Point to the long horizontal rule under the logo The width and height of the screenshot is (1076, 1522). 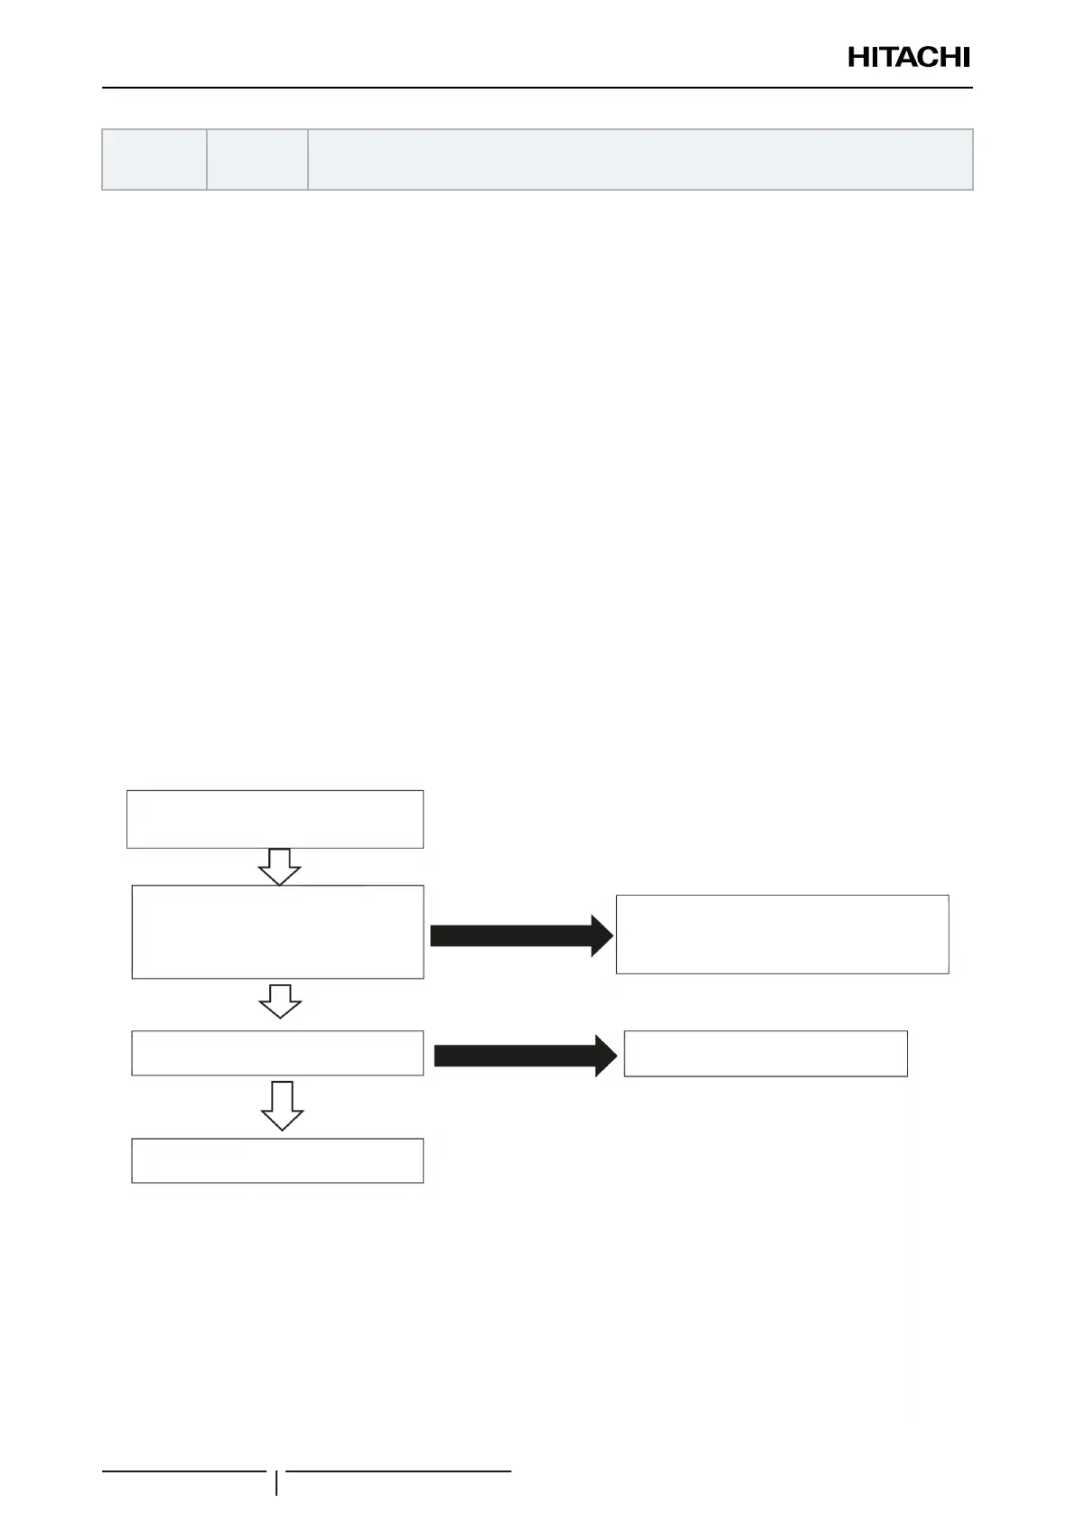(538, 88)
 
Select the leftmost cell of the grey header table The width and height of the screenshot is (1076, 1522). (154, 159)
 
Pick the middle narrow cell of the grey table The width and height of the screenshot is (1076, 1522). (257, 159)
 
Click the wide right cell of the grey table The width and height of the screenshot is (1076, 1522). (640, 159)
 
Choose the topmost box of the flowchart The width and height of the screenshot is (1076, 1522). (275, 819)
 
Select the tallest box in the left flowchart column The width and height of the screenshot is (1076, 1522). (277, 932)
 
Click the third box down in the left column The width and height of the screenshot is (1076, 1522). (277, 1053)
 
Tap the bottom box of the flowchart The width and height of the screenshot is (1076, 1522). (277, 1160)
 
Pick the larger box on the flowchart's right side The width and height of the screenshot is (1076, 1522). (782, 934)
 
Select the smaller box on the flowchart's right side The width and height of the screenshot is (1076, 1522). (765, 1053)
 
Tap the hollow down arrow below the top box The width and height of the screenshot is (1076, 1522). (279, 866)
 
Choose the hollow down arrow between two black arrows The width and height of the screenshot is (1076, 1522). (280, 1001)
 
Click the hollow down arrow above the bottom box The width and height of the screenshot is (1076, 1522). (282, 1104)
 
